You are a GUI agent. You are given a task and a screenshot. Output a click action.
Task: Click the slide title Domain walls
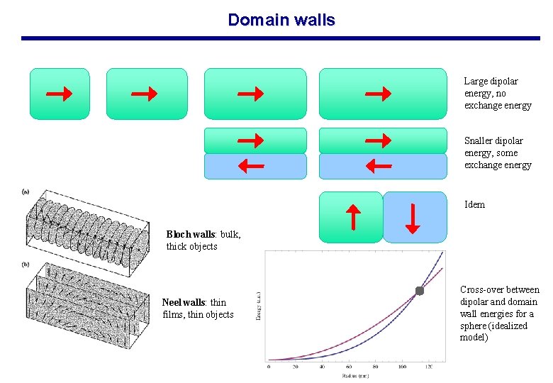coord(281,20)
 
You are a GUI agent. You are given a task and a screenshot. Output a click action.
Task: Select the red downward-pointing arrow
coord(412,217)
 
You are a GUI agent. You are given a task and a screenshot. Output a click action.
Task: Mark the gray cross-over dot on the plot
coord(419,291)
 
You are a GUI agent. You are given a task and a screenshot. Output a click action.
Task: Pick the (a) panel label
coord(26,191)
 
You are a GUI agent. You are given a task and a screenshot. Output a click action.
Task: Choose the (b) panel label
coord(26,264)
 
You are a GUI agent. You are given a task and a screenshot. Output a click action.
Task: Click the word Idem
coord(474,205)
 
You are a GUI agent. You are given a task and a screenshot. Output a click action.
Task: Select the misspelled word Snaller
coord(479,140)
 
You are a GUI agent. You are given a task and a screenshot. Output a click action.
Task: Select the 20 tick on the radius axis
coord(295,366)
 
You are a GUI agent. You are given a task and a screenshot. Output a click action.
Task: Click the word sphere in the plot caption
coord(472,326)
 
